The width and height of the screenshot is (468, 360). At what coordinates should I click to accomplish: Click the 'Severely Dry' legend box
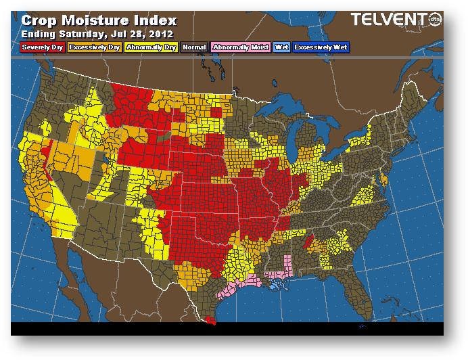point(43,47)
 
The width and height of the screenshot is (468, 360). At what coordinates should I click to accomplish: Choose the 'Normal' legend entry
point(194,47)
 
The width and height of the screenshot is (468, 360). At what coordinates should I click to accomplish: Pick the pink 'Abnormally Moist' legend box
point(239,47)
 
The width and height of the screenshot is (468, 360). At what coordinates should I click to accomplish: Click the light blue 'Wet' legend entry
point(281,47)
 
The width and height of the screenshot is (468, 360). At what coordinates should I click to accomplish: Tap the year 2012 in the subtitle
point(162,33)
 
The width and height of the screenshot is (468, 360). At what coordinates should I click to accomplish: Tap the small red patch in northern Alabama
point(309,240)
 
